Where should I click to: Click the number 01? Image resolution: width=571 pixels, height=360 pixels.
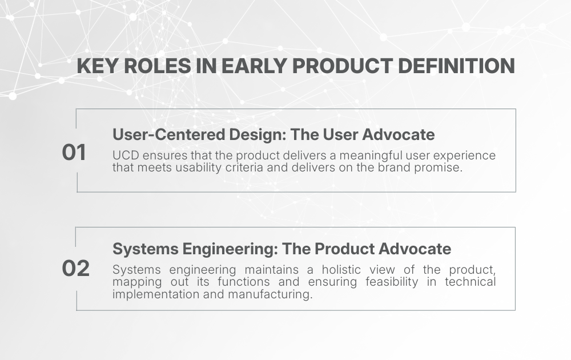coord(74,153)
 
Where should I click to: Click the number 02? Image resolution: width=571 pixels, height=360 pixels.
coord(76,269)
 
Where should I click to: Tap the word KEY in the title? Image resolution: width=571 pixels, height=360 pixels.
coord(97,66)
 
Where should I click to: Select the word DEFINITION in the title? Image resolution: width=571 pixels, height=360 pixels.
coord(456,66)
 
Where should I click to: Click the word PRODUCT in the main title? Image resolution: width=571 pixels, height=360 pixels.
coord(342,66)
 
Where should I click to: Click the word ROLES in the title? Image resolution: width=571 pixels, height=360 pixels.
coord(158,66)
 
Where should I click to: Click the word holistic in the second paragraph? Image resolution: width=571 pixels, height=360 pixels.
coord(341,270)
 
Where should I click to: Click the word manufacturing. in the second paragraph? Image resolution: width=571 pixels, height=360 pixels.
coord(270,294)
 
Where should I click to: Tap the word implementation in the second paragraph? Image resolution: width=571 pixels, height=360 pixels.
coord(156,294)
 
